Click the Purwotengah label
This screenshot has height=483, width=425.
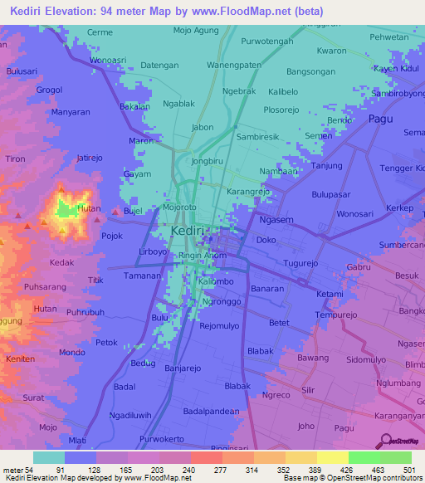click(x=268, y=41)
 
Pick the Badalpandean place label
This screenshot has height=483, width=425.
click(x=211, y=411)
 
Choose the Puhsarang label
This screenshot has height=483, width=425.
click(x=45, y=286)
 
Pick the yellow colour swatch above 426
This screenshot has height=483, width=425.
click(x=331, y=457)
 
